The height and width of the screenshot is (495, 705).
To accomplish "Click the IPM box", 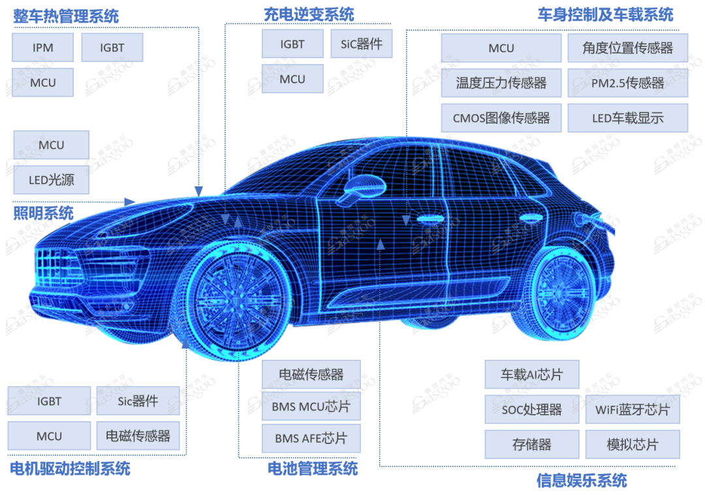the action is [42, 47].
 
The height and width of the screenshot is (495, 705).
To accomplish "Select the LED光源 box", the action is [52, 180].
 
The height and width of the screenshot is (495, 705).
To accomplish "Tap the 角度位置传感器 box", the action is [628, 48].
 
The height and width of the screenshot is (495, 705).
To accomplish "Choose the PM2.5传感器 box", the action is [628, 83].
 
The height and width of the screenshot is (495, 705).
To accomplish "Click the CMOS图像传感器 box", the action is [501, 118].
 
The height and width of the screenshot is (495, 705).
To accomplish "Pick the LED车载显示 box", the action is [628, 118].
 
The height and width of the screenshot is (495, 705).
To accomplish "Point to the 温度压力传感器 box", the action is [501, 83].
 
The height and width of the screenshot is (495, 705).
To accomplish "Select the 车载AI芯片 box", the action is [532, 374].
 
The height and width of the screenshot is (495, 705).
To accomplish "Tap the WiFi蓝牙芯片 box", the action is [633, 409].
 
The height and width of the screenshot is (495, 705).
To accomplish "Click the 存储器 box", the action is [532, 444].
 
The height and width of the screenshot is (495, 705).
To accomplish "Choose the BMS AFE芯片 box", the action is [311, 438].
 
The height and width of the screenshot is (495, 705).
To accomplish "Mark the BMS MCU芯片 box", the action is [311, 406].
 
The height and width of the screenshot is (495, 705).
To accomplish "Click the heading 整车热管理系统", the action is [66, 16].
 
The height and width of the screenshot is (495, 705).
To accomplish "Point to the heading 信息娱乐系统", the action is [582, 480].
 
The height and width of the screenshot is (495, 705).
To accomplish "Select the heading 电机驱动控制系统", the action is [70, 468].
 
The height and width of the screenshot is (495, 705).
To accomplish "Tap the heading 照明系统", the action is [43, 213].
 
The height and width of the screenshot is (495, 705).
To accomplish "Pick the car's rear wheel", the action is [563, 293].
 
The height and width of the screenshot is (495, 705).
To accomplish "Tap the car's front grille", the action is [55, 268].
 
